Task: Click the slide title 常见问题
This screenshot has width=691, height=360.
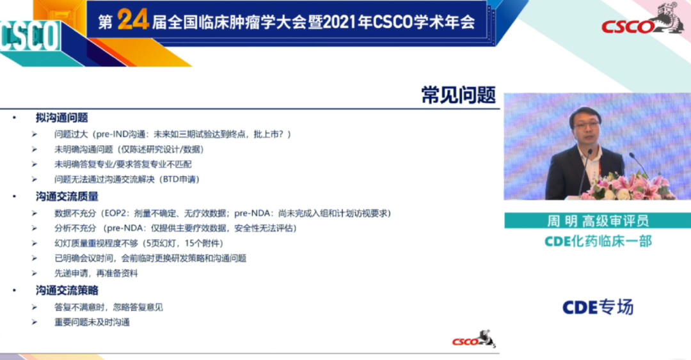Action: coord(458,96)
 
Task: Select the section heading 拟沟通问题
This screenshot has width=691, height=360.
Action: coord(61,118)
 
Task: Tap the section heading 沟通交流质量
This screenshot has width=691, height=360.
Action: coord(67,196)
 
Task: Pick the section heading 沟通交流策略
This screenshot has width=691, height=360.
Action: coord(67,290)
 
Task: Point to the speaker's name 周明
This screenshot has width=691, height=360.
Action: coord(562,221)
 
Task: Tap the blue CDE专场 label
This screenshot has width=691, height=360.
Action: coord(598,307)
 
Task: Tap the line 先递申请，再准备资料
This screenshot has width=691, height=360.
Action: coord(96,273)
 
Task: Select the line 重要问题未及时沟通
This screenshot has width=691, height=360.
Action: coord(92,322)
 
